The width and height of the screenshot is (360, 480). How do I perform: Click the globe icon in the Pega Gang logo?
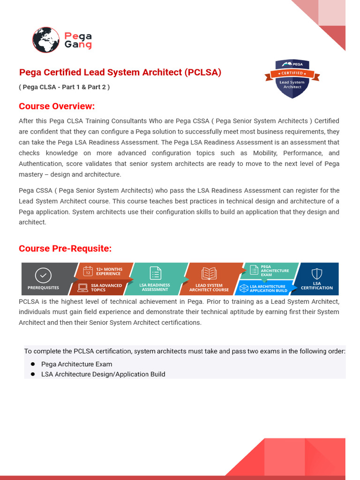[46, 40]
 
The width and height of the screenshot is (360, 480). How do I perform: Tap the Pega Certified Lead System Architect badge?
[292, 78]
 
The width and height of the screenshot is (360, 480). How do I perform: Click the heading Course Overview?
[57, 106]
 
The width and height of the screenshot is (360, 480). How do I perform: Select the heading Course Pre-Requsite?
[65, 248]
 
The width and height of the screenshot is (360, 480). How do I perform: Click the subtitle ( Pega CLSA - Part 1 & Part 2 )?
[64, 87]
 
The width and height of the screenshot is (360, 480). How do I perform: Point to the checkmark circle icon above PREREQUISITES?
[43, 275]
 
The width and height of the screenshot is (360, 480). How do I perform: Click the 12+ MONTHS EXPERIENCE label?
[109, 271]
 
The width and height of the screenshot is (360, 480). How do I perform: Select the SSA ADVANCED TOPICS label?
[106, 287]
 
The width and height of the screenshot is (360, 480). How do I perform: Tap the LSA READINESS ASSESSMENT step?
[155, 287]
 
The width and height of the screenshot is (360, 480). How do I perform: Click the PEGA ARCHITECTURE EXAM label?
[274, 270]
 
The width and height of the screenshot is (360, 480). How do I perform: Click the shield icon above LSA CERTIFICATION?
[317, 274]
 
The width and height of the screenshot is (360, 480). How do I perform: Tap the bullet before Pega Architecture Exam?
[33, 364]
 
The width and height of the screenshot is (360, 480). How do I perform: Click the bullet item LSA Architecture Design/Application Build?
[103, 374]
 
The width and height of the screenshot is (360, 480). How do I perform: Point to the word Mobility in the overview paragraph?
[266, 153]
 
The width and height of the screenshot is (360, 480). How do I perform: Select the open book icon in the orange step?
[209, 274]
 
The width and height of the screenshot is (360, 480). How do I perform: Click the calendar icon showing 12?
[88, 271]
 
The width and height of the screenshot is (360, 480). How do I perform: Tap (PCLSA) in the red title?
[202, 73]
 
